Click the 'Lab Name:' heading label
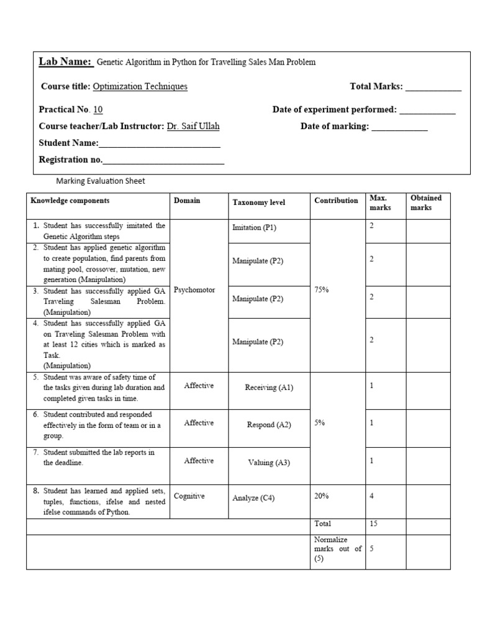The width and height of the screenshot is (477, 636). [x=65, y=61]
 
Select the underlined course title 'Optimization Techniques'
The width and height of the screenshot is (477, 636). [x=140, y=86]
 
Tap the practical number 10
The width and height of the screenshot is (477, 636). [x=98, y=110]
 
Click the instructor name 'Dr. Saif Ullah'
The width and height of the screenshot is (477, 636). [x=193, y=126]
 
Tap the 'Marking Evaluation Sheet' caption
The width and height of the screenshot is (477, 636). [x=101, y=181]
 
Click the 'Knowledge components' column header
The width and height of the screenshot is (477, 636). [x=70, y=201]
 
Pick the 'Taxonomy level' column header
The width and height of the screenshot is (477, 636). [x=259, y=202]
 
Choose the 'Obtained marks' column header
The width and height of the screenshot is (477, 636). [x=426, y=202]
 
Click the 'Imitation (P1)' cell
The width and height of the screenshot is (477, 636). [x=254, y=227]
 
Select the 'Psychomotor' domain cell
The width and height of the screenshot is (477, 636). [x=195, y=290]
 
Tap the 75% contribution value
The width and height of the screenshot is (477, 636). [x=322, y=290]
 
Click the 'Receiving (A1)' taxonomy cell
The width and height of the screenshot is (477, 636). [x=269, y=388]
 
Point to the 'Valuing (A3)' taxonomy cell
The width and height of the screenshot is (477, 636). [x=269, y=463]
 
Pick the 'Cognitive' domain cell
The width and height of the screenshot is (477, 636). [x=189, y=496]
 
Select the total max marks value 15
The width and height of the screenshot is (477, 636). [x=374, y=524]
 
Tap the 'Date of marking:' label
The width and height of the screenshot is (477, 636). [x=335, y=126]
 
